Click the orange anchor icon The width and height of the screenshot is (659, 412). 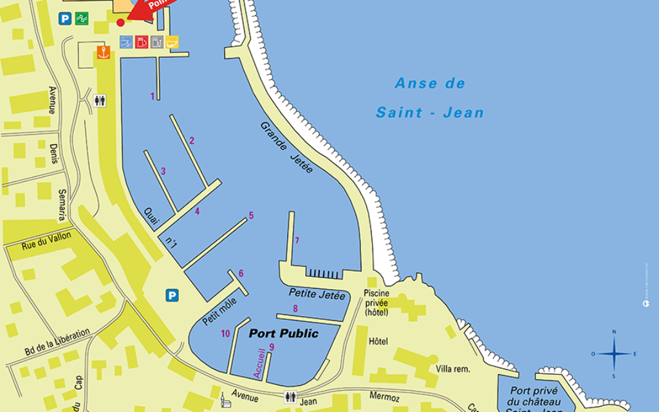[x=103, y=53]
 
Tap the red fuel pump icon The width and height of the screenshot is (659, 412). [x=142, y=42]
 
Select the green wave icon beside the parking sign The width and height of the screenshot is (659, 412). [x=82, y=19]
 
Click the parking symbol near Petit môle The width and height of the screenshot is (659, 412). [x=172, y=295]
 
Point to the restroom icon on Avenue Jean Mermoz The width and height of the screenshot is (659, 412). [x=290, y=397]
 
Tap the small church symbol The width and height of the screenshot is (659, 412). [x=224, y=400]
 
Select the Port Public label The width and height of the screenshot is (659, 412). [x=284, y=333]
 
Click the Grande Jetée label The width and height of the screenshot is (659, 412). [x=286, y=147]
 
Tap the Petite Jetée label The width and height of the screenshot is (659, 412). [x=317, y=294]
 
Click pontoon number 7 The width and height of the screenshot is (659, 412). [x=297, y=241]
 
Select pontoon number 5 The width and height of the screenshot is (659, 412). [x=251, y=216]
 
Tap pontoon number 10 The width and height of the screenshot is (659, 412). [x=225, y=333]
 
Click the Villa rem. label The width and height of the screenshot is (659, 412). [x=453, y=369]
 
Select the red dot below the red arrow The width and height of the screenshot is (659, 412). [x=120, y=23]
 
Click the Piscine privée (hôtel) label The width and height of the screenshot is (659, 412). [x=376, y=303]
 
